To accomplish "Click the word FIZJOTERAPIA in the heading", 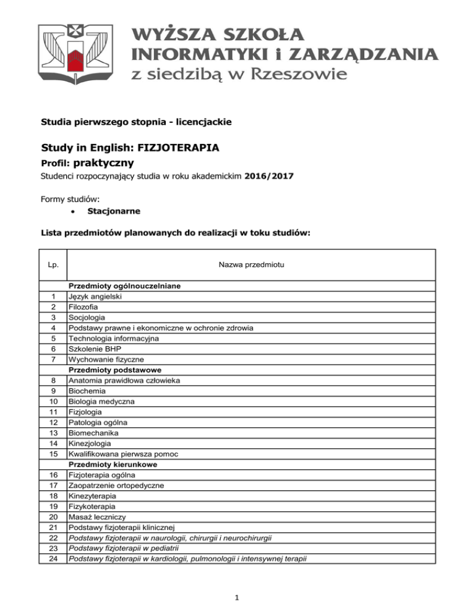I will click(184, 149).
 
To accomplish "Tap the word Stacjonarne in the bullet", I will click(114, 211).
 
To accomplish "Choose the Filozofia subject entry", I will click(85, 307).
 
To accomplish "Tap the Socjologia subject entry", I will click(88, 318).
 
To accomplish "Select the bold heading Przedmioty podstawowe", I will click(111, 369).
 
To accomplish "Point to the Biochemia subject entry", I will click(87, 391).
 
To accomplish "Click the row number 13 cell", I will click(53, 433).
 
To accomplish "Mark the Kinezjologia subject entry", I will click(91, 444).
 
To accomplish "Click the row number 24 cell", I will click(53, 559).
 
